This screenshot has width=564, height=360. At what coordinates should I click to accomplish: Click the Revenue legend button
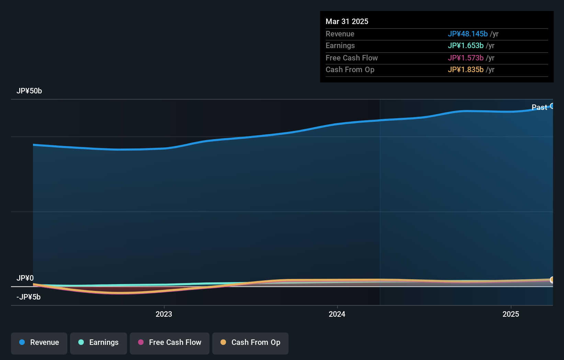[x=39, y=343]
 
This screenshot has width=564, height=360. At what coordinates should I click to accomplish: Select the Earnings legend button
[x=99, y=343]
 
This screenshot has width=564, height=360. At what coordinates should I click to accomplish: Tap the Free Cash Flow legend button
[x=170, y=343]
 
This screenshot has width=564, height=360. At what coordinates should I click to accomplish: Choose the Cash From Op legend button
[x=250, y=343]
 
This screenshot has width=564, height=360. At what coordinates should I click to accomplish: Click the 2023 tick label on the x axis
[x=164, y=314]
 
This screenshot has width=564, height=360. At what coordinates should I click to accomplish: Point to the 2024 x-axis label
[x=337, y=314]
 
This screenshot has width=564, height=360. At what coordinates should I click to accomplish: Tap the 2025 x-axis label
[x=511, y=314]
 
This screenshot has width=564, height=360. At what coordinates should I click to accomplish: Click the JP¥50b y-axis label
[x=29, y=91]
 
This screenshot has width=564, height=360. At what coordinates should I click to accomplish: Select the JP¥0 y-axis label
[x=25, y=278]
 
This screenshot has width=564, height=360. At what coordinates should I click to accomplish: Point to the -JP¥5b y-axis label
[x=29, y=297]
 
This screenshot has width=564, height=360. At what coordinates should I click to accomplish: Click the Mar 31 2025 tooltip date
[x=347, y=22]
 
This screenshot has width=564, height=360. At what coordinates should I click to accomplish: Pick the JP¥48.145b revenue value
[x=467, y=34]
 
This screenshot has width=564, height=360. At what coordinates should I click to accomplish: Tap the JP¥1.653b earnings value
[x=465, y=46]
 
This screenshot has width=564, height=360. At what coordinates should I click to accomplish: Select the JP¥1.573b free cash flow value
[x=465, y=58]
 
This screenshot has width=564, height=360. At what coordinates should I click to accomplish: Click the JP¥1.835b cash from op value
[x=465, y=70]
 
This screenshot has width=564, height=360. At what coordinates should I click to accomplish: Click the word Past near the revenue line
[x=539, y=108]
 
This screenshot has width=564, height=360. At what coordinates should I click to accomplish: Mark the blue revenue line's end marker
[x=552, y=106]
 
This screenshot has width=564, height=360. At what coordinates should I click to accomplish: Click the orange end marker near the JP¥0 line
[x=552, y=280]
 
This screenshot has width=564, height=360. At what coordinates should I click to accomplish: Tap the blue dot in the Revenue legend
[x=22, y=342]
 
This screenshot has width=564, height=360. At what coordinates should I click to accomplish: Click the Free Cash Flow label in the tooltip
[x=351, y=58]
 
